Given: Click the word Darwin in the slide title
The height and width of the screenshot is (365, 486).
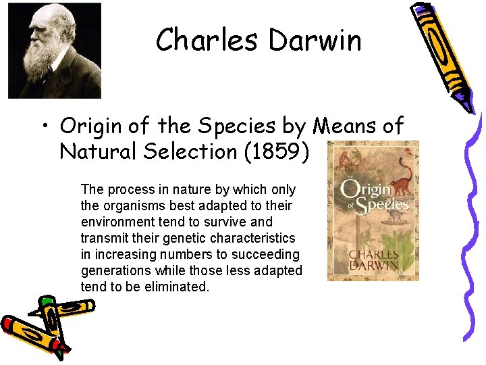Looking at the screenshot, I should [x=315, y=41].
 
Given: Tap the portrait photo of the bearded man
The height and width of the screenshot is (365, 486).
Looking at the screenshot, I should [x=54, y=51].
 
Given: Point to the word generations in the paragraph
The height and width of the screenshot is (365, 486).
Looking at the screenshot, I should [x=113, y=270].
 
